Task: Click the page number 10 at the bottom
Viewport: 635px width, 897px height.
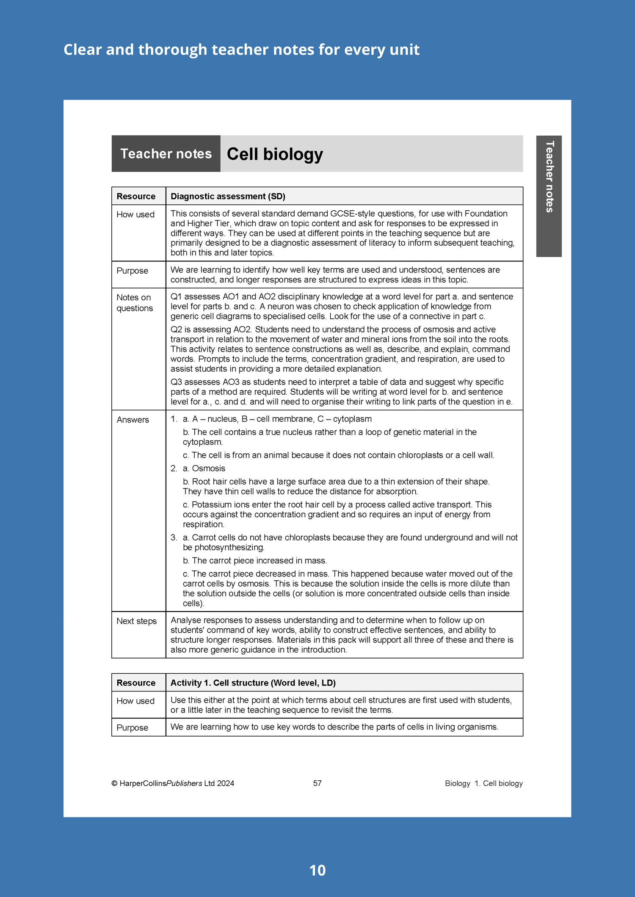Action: [317, 870]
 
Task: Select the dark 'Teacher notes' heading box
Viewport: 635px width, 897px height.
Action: [166, 154]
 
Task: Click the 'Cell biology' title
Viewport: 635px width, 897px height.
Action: [275, 154]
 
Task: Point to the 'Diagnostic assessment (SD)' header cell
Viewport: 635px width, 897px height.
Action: [228, 196]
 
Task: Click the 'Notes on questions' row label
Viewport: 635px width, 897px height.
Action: [135, 303]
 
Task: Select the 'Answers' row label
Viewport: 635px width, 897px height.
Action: [133, 420]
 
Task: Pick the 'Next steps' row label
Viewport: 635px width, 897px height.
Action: [136, 621]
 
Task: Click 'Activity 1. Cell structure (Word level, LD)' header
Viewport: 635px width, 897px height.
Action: [253, 683]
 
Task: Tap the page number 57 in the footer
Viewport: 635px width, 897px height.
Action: [317, 783]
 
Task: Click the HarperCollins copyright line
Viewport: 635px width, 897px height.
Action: [173, 783]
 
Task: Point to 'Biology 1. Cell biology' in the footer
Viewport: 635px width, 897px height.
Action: [483, 783]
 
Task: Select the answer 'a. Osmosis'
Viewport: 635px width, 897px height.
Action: [204, 468]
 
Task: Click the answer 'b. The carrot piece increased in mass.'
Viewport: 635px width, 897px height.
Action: [255, 560]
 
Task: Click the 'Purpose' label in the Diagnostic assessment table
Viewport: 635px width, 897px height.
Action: [133, 271]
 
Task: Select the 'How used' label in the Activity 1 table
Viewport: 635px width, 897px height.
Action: [135, 701]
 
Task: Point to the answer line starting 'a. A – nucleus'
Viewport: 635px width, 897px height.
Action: [277, 419]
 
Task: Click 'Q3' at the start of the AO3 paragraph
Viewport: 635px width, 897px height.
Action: [176, 382]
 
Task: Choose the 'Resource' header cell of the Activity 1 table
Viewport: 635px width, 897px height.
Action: [136, 683]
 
